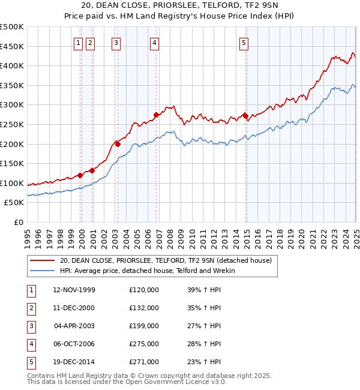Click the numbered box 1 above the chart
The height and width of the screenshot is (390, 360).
(x=79, y=43)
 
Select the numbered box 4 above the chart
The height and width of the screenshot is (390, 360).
(x=155, y=43)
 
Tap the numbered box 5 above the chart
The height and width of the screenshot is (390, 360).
(x=244, y=43)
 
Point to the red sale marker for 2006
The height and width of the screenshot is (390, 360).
(x=156, y=115)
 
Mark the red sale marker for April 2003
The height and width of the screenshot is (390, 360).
(x=118, y=144)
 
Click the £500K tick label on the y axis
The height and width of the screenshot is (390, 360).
(x=12, y=27)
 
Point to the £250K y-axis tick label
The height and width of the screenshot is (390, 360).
(x=12, y=124)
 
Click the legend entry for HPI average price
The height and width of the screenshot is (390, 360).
(x=147, y=271)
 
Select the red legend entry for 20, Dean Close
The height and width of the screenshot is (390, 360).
(x=166, y=260)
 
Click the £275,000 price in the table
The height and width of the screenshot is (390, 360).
(x=144, y=344)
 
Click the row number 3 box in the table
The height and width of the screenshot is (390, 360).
(x=31, y=326)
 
